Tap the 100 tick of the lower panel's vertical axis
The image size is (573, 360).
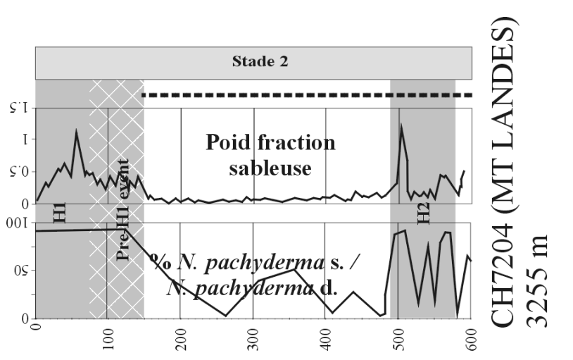click(x=20, y=225)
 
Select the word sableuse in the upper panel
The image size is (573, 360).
click(x=270, y=168)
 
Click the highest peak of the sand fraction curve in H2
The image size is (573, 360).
click(x=401, y=125)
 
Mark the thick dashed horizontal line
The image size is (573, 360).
click(x=306, y=94)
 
